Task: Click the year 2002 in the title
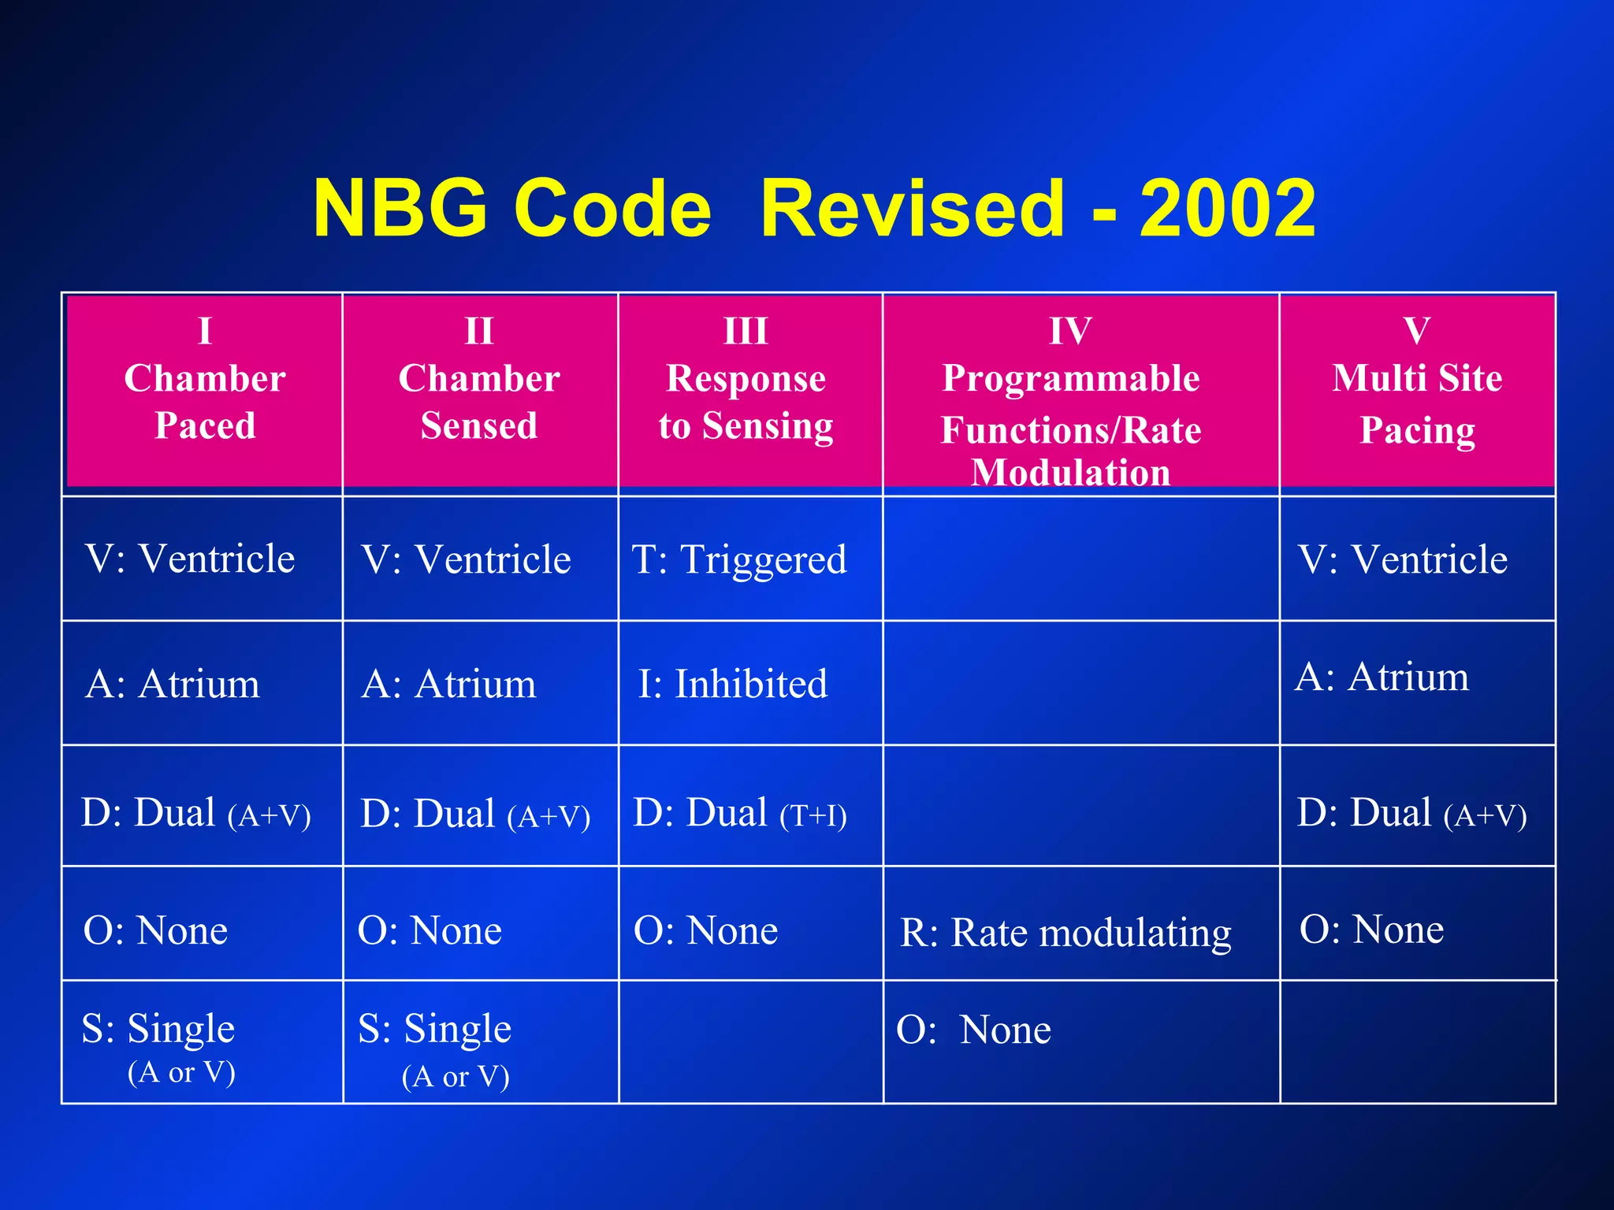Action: (x=1228, y=208)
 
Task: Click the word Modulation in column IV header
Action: (x=1070, y=473)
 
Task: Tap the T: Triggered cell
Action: (x=739, y=559)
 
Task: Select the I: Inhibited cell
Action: (x=733, y=684)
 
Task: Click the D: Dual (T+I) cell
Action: (x=740, y=813)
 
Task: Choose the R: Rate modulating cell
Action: (x=1065, y=933)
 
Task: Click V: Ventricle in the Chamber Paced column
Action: (x=190, y=559)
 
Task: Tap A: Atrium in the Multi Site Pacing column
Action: (x=1382, y=677)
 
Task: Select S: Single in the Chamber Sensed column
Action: (x=435, y=1029)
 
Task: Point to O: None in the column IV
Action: (x=973, y=1030)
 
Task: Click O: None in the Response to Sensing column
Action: (x=705, y=930)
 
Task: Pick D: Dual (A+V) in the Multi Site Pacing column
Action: (x=1411, y=813)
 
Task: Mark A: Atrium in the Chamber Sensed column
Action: (x=448, y=684)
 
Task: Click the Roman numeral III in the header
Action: (x=746, y=331)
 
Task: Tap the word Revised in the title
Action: (x=913, y=208)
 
